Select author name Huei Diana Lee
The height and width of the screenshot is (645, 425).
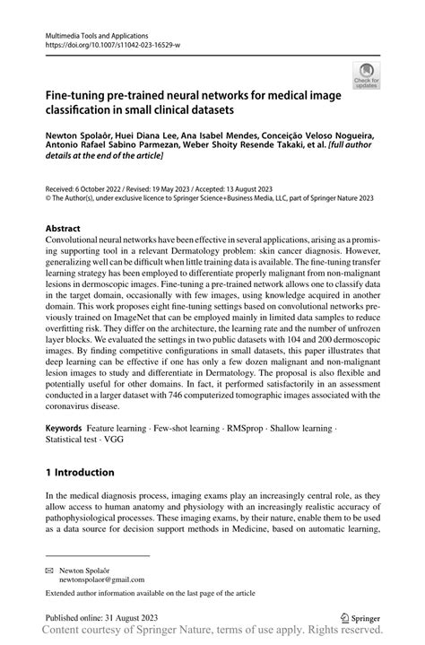click(x=152, y=129)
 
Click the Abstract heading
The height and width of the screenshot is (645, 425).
click(x=66, y=229)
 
